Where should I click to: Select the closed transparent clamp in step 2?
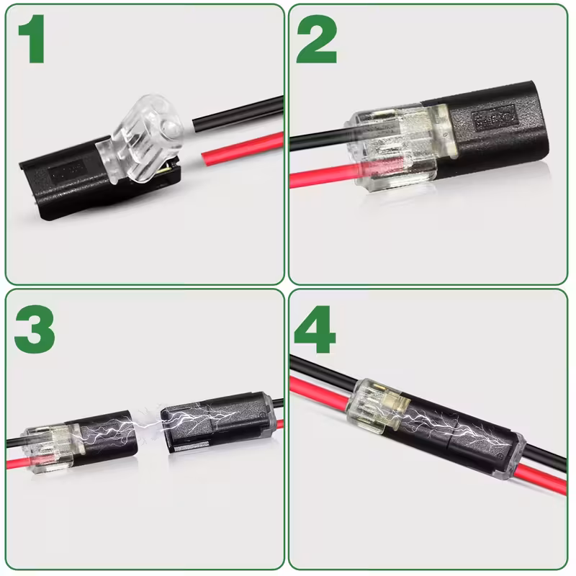click(x=392, y=144)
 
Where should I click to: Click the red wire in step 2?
click(x=317, y=176)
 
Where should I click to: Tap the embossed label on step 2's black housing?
click(x=490, y=117)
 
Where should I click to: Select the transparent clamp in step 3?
click(x=54, y=446)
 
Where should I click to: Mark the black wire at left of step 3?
click(x=16, y=441)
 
